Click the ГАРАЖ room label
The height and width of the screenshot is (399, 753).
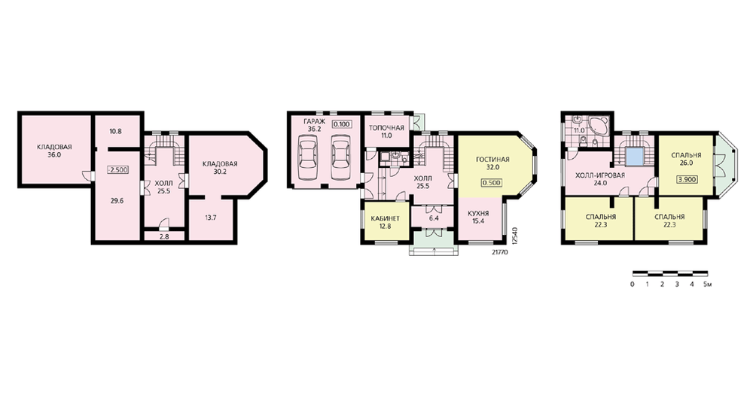tap(315, 121)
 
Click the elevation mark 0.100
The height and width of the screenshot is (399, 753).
tap(341, 124)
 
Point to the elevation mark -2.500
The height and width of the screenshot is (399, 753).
tap(117, 170)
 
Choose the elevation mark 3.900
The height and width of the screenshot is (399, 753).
tap(687, 180)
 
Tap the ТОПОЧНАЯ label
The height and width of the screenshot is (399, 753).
tap(386, 128)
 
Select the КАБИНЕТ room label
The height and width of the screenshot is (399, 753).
tap(385, 218)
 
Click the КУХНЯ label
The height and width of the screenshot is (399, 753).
tap(478, 213)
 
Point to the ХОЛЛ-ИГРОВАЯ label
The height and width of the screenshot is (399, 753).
tap(600, 175)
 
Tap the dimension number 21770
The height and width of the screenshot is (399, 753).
tap(499, 251)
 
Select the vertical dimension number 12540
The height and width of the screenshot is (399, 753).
tap(514, 236)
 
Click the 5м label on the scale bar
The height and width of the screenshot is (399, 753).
tap(707, 285)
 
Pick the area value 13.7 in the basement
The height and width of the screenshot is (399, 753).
tap(211, 218)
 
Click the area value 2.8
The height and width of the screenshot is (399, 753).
tap(163, 236)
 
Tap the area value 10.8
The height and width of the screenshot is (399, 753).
tap(114, 130)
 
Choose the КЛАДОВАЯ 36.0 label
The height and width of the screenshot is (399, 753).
tap(54, 151)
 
